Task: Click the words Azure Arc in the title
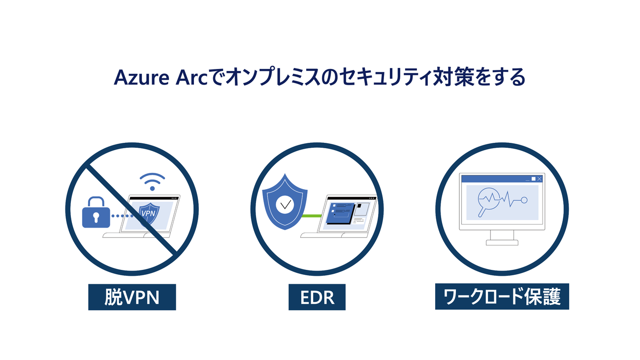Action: click(161, 77)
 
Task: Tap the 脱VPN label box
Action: click(132, 297)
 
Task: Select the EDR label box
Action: click(317, 297)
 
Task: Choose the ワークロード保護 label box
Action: click(502, 296)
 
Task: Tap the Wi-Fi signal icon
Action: click(152, 182)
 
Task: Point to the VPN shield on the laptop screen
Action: click(149, 214)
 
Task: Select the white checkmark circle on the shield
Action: click(285, 204)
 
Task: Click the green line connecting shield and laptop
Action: click(312, 216)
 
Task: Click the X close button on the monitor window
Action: click(540, 179)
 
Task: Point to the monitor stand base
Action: click(502, 243)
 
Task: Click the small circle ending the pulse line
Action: click(524, 200)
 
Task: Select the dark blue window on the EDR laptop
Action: click(340, 213)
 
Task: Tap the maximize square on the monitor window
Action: click(533, 179)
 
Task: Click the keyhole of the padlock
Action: click(96, 217)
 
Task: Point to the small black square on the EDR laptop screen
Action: click(359, 206)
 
